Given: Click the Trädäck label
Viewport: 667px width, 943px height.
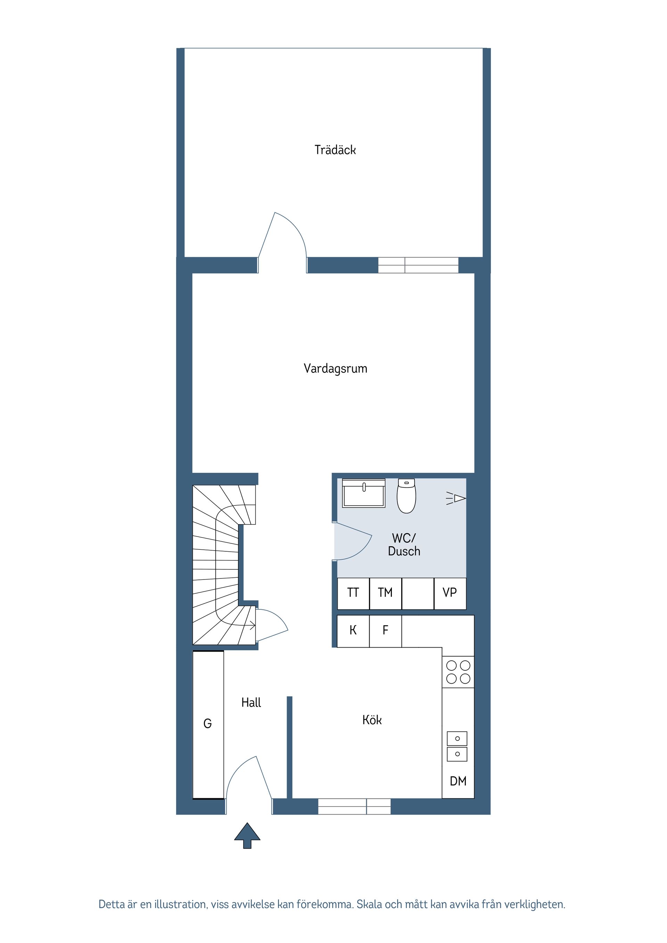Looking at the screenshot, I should pos(335,150).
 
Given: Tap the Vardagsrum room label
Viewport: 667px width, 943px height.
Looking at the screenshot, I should pos(335,368).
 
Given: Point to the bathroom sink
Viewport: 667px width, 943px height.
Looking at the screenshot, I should pos(364,493).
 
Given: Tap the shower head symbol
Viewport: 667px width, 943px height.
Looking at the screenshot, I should pos(456,498).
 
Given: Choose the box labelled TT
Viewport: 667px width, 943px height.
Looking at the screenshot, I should pos(353,593).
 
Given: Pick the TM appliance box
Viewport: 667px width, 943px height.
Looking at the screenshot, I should pos(385,593).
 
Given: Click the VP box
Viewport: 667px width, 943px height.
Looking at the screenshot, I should pos(450,593).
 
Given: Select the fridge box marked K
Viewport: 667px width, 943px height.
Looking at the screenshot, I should pos(353,631).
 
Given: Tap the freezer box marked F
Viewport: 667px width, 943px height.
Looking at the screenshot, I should pos(385,631).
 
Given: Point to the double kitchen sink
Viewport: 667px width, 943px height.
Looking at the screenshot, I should pos(457,746).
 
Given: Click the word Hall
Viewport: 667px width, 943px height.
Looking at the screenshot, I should pos(251,703).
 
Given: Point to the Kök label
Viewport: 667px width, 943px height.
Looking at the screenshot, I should pos(372,720).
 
